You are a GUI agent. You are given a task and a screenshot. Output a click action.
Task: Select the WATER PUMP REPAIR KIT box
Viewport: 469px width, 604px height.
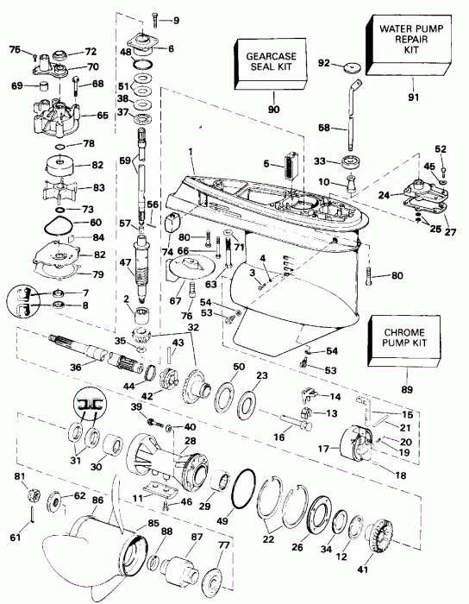click(x=399, y=41)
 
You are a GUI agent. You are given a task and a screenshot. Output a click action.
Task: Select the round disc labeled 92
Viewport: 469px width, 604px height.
click(x=350, y=66)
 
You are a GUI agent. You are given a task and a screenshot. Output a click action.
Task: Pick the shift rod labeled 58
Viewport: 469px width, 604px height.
click(x=351, y=112)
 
